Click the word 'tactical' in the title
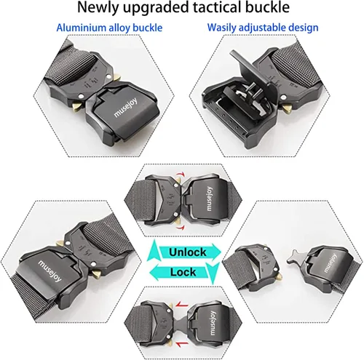(216, 7)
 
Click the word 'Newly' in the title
(98, 8)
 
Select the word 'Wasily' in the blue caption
(221, 28)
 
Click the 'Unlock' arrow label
(188, 252)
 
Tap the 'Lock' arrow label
(183, 272)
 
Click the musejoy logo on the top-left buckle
(126, 108)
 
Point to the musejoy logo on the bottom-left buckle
(50, 271)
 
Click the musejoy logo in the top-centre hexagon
(208, 199)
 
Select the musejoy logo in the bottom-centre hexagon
(211, 323)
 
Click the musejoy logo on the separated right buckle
(330, 263)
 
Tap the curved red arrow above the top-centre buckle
(181, 175)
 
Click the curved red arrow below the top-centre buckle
(180, 228)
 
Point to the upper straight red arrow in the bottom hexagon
(182, 305)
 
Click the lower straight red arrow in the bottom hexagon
(182, 343)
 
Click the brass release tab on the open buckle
(287, 108)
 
